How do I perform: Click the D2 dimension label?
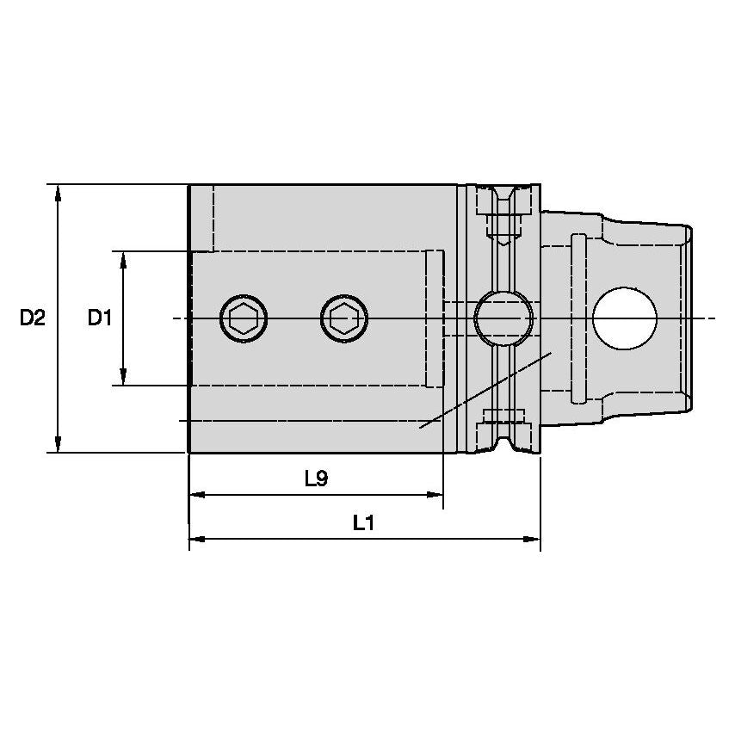pyautogui.click(x=33, y=318)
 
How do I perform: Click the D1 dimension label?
pyautogui.click(x=100, y=318)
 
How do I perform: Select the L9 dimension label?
pyautogui.click(x=316, y=479)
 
